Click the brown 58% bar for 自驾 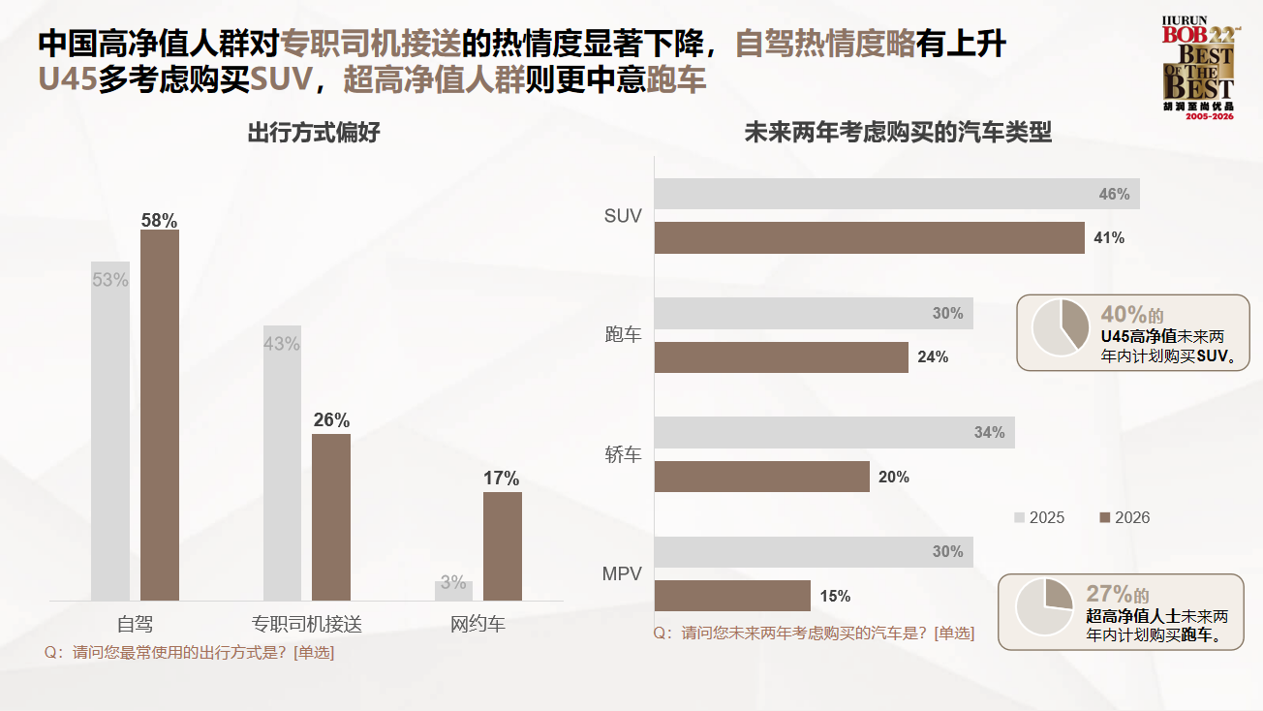[x=160, y=415]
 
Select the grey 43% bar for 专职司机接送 [x=282, y=463]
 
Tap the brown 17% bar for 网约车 [x=503, y=545]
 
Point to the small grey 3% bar [x=453, y=590]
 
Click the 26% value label [x=331, y=420]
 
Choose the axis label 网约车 [x=478, y=624]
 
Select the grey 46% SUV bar [x=897, y=194]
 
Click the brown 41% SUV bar [x=869, y=237]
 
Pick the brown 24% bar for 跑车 [x=781, y=357]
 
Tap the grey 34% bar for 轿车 [x=834, y=433]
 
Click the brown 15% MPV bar [x=732, y=596]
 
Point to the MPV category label [x=622, y=573]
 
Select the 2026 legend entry [x=1124, y=517]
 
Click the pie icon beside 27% [x=1044, y=607]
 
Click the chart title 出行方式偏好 [x=314, y=133]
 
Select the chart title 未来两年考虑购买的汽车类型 [x=898, y=133]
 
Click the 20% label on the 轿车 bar [x=893, y=477]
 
